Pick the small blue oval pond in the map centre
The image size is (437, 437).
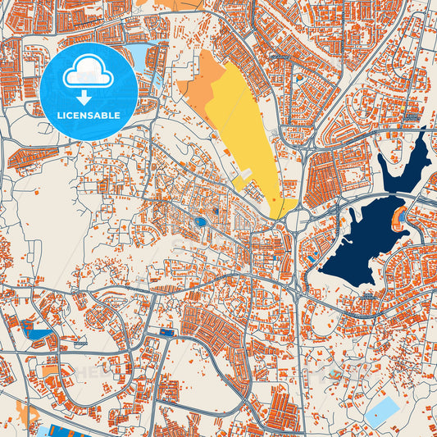201,221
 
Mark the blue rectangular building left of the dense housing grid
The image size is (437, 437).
168,332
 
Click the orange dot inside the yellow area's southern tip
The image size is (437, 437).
274,199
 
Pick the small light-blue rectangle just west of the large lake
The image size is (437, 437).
312,259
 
